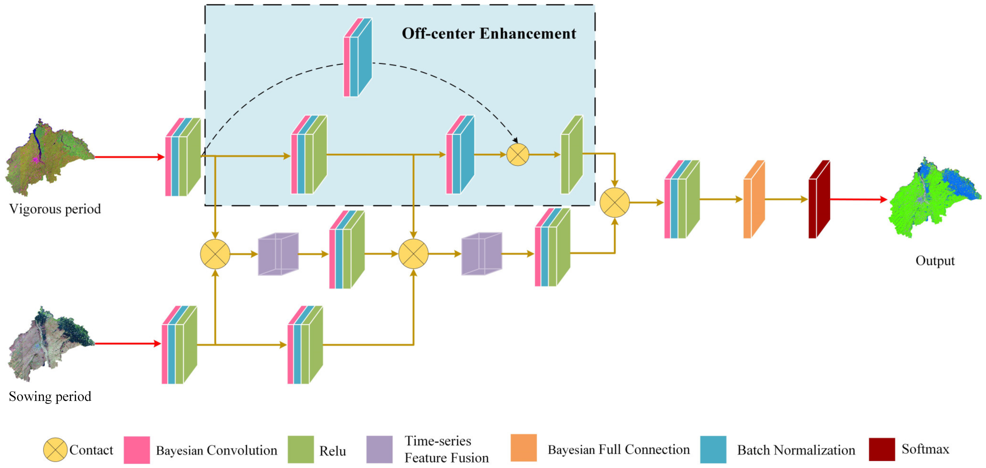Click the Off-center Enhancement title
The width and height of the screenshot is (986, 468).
point(488,34)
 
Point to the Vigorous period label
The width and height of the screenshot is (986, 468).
point(55,209)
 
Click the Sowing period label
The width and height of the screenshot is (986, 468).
point(50,396)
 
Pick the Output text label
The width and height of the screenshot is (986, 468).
point(935,261)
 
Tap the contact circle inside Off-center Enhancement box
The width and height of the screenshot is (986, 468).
point(517,155)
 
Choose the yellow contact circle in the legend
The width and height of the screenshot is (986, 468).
point(55,450)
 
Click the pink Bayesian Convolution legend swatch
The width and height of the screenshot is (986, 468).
point(137,450)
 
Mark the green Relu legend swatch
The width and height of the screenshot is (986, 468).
point(301,450)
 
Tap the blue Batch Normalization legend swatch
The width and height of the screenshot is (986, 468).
point(713,450)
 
